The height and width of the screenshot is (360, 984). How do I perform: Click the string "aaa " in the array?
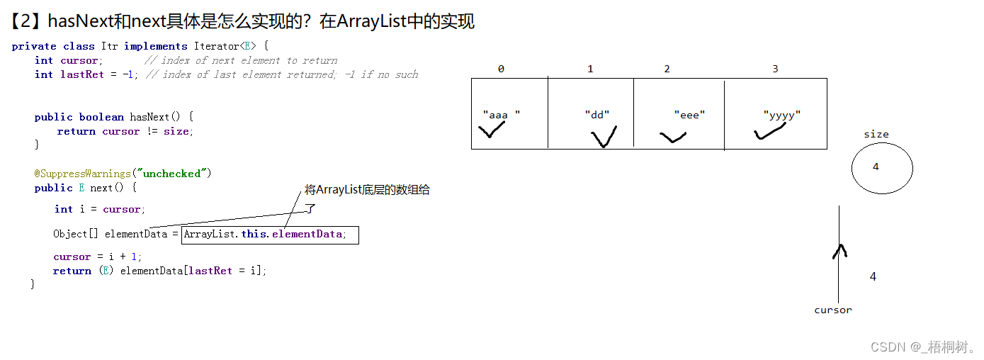click(501, 115)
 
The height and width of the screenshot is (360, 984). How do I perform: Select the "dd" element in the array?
click(597, 115)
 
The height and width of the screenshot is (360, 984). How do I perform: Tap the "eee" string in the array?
click(689, 115)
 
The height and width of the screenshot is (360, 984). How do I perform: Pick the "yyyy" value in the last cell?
click(782, 115)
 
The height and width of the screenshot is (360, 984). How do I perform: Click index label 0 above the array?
click(501, 69)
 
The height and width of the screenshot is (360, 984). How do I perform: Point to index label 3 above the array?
click(775, 69)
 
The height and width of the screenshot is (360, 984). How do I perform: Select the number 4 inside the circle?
click(876, 167)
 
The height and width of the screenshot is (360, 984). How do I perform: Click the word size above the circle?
click(876, 134)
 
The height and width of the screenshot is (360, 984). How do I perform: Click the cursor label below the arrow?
click(833, 310)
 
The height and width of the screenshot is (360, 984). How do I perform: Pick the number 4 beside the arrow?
click(873, 277)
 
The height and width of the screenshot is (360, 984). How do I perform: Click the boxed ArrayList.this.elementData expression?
click(270, 235)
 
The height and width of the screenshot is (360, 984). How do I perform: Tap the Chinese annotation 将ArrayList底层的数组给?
click(367, 190)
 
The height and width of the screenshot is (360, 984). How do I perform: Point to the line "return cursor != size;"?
click(125, 131)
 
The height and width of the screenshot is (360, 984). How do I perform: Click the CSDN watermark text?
click(922, 347)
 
